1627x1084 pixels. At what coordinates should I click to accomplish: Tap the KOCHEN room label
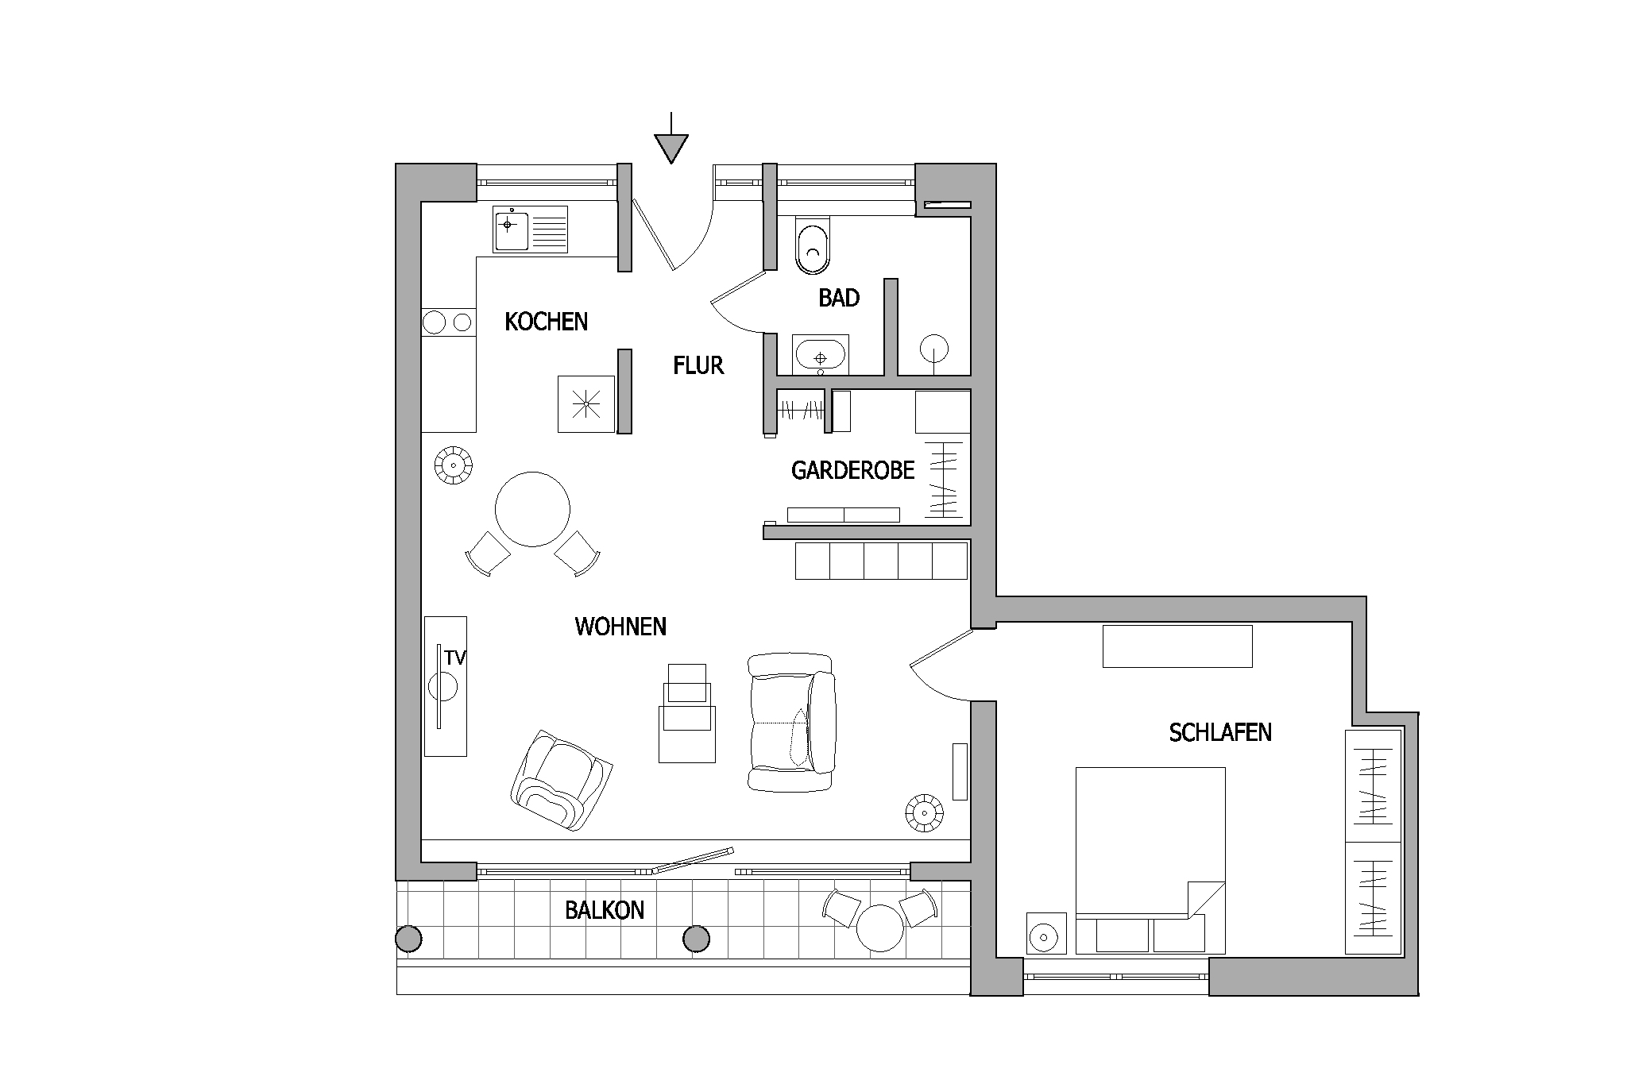tap(547, 322)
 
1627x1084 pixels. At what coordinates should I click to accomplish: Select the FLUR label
tap(698, 365)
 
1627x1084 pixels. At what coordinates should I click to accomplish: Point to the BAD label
tap(839, 298)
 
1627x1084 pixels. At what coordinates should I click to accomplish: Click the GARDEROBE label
tap(853, 470)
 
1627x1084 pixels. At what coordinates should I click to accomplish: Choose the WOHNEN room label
tap(620, 627)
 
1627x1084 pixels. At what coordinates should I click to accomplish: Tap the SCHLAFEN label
tap(1220, 732)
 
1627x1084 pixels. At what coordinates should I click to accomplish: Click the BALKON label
tap(605, 910)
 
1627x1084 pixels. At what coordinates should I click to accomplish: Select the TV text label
tap(455, 658)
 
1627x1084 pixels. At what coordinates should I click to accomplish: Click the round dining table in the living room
tap(532, 509)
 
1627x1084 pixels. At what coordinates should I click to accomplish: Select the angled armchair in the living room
tap(562, 781)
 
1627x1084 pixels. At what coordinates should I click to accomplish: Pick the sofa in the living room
tap(792, 722)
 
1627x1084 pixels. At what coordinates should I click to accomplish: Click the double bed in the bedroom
tap(1150, 860)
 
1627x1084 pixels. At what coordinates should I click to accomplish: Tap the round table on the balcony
tap(880, 928)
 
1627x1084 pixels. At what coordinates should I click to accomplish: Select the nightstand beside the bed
tap(1047, 932)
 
